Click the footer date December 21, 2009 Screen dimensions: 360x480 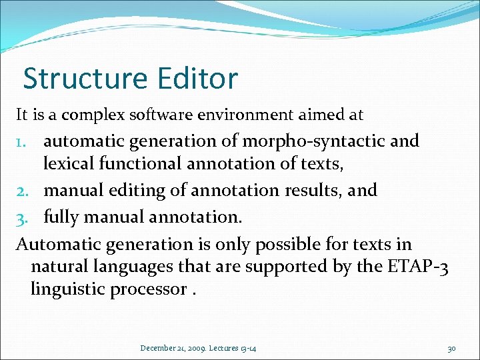point(171,348)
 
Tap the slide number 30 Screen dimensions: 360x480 point(451,348)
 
